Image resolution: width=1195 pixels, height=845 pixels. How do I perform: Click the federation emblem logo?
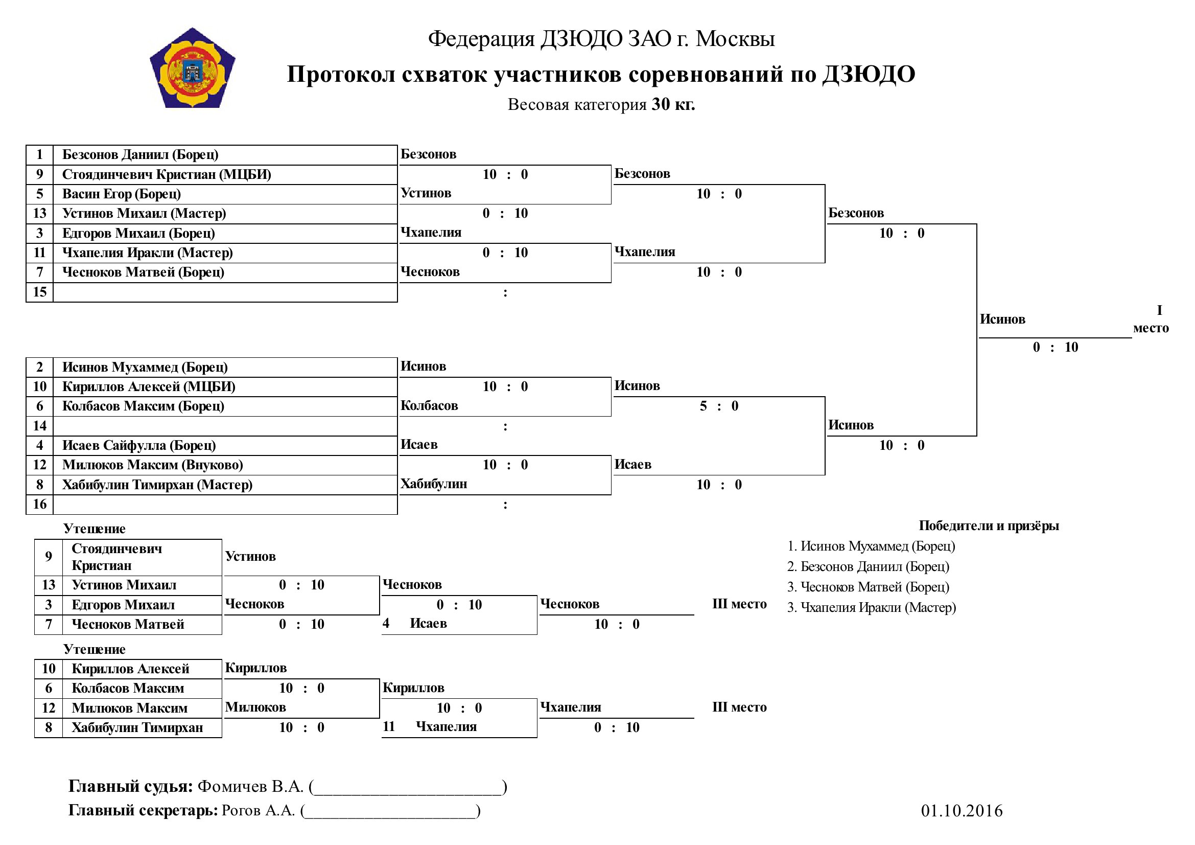point(193,67)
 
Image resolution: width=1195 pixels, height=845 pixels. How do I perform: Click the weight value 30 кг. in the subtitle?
point(673,104)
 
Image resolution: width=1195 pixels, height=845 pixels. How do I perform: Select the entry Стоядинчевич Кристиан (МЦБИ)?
point(167,174)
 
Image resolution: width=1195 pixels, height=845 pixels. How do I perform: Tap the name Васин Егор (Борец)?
point(121,194)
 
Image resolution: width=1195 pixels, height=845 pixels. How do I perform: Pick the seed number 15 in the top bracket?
point(39,291)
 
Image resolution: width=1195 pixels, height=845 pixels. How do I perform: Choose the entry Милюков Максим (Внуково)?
point(152,465)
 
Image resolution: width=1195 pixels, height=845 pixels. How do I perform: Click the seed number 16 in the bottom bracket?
point(39,504)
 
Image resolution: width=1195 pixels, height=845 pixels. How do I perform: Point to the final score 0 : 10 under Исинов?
point(1055,347)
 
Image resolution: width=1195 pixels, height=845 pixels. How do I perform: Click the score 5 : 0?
point(719,406)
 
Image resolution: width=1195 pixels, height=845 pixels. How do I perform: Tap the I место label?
point(1151,319)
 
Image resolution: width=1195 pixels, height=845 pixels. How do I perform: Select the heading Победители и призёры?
point(989,526)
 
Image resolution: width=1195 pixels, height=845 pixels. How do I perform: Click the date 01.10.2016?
point(962,811)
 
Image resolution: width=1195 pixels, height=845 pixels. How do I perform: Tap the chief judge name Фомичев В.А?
point(250,786)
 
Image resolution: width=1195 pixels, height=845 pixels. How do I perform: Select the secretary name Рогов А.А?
point(258,811)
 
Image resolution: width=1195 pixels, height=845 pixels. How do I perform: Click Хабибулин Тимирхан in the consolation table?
point(137,728)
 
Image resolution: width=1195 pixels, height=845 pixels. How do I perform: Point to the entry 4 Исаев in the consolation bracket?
point(414,624)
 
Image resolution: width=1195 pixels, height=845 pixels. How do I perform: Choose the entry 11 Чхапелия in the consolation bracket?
point(429,727)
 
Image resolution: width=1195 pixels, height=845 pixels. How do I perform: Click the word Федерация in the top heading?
point(481,39)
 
